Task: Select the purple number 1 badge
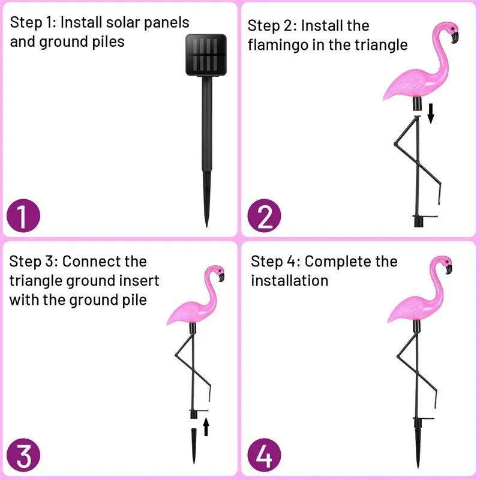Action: click(23, 217)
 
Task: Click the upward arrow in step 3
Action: click(206, 426)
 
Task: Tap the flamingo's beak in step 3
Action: click(222, 277)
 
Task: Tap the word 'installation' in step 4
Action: click(290, 281)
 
